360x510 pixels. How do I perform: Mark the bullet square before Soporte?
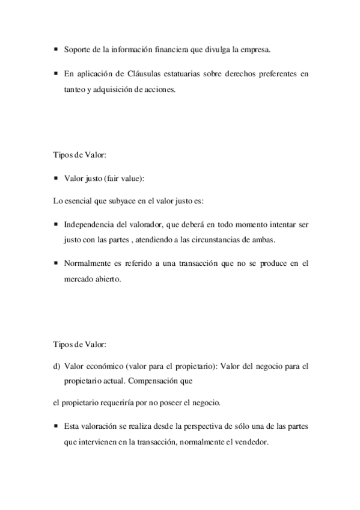coord(56,49)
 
